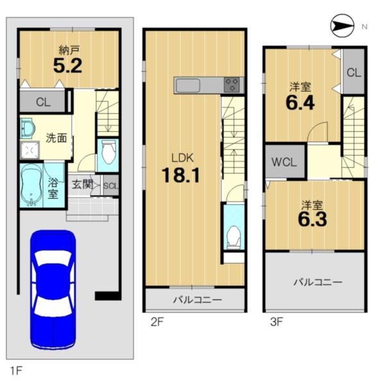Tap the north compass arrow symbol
tap(342, 26)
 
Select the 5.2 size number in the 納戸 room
tap(68, 65)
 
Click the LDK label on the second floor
tap(182, 158)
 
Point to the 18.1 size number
tap(181, 175)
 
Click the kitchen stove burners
tap(232, 85)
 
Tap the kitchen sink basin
tap(188, 85)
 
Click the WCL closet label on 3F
tap(284, 162)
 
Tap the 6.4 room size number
tap(300, 103)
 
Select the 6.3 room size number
tap(312, 219)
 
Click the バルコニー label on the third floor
tap(318, 282)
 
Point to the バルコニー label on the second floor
tap(198, 300)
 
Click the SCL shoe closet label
tap(111, 185)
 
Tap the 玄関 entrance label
tap(83, 184)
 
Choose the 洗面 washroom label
tap(56, 138)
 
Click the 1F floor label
tap(16, 370)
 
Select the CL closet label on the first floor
tap(43, 102)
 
